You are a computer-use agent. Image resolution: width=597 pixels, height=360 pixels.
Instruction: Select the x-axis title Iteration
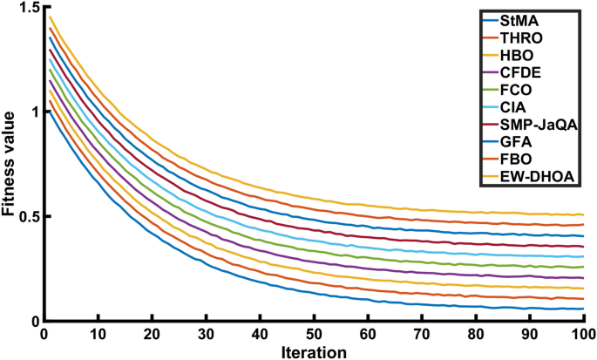pos(313,351)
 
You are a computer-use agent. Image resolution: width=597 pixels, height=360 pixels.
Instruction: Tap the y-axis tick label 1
pos(33,112)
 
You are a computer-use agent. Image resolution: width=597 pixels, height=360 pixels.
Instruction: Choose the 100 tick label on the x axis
pos(582,334)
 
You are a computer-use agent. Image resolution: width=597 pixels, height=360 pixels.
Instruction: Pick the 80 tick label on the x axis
pos(475,334)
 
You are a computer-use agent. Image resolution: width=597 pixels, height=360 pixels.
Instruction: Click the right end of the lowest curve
pos(583,309)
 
